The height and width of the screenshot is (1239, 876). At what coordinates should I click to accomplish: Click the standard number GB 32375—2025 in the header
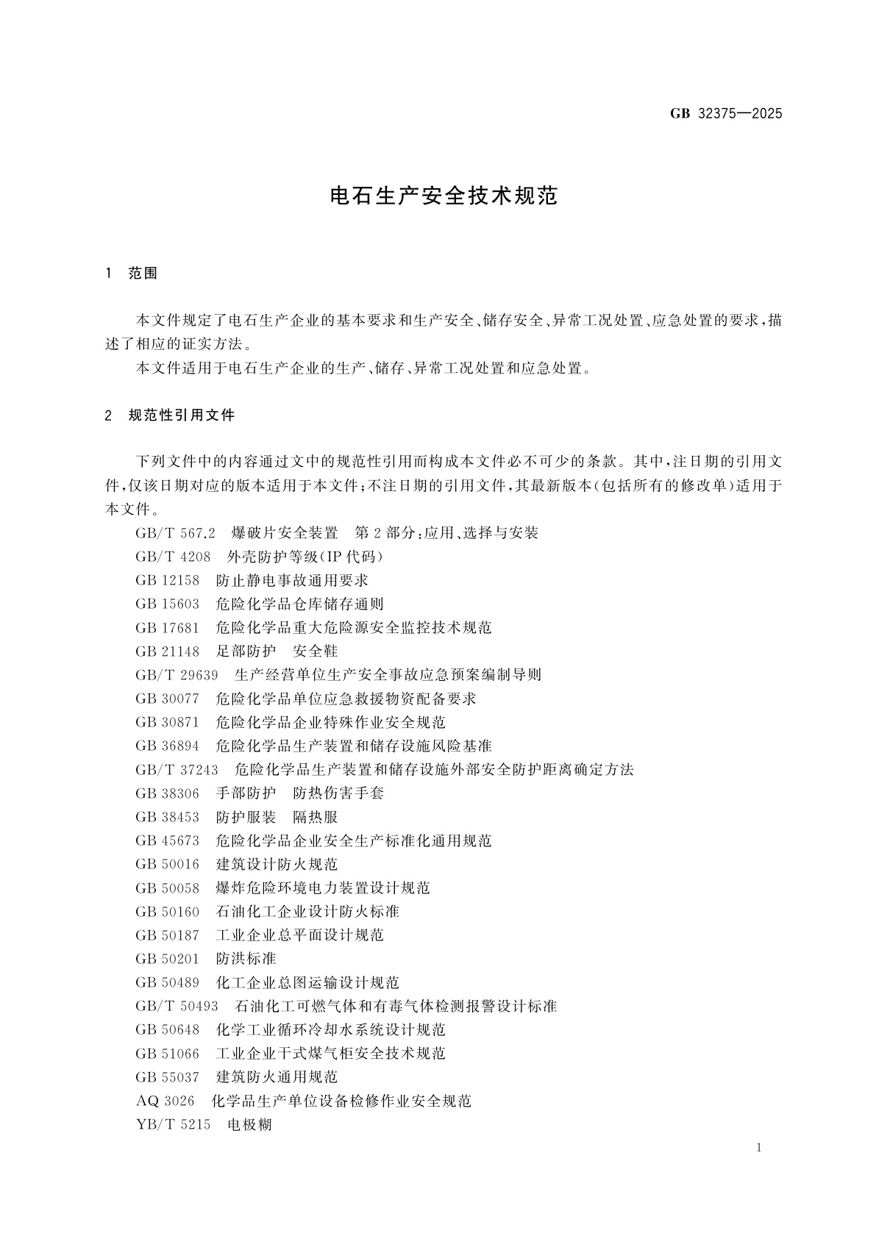(x=726, y=113)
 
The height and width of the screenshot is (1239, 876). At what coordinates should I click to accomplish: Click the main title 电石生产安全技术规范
(x=444, y=196)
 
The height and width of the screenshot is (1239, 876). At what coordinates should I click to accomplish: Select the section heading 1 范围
(x=132, y=274)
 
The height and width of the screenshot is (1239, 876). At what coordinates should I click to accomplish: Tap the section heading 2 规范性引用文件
(x=170, y=415)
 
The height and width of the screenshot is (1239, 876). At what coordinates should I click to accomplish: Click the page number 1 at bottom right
(x=758, y=1148)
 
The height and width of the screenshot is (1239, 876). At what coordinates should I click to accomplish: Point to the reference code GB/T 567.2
(x=175, y=533)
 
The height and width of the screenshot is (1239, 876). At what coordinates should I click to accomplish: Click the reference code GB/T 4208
(x=173, y=557)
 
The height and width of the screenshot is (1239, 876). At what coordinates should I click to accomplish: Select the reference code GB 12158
(x=167, y=580)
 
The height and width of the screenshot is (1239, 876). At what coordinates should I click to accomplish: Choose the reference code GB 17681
(x=167, y=627)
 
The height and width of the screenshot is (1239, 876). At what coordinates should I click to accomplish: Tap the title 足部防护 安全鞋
(x=277, y=651)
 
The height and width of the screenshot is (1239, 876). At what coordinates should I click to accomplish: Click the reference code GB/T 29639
(x=177, y=674)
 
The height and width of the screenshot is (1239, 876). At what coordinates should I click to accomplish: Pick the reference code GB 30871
(x=167, y=722)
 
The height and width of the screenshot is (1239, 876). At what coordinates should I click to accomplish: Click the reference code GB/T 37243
(x=177, y=769)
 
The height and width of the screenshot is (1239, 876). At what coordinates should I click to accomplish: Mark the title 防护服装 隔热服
(x=277, y=817)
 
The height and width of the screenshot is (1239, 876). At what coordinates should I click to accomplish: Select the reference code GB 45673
(x=167, y=840)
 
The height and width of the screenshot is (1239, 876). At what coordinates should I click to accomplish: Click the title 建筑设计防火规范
(x=277, y=864)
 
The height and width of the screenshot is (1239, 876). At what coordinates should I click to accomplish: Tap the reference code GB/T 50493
(x=177, y=1006)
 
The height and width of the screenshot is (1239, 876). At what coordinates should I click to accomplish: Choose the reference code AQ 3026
(x=165, y=1101)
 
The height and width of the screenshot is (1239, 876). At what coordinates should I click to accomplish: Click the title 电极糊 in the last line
(x=249, y=1124)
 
